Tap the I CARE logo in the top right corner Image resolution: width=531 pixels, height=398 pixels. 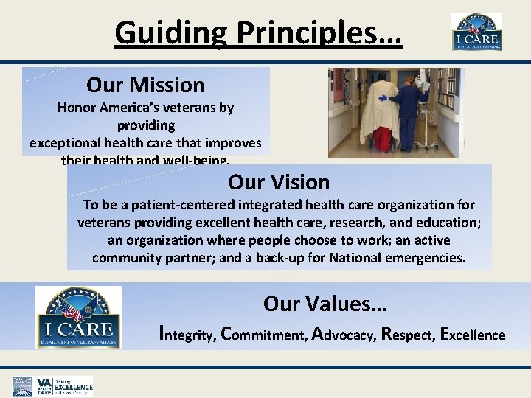[476, 32]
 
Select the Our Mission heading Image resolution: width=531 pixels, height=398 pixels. [145, 85]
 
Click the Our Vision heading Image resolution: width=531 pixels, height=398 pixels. [279, 181]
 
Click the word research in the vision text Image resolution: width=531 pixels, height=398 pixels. [366, 223]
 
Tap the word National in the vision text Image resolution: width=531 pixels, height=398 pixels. [350, 258]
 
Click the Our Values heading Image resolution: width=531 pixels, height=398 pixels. [325, 303]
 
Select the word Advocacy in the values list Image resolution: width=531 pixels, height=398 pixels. [344, 335]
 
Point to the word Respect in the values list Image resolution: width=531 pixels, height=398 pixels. [406, 335]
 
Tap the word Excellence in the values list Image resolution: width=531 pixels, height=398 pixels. [472, 335]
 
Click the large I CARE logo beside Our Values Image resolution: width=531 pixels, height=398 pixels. [79, 318]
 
